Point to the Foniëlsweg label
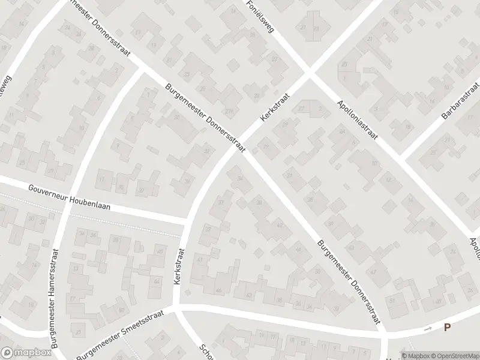259,16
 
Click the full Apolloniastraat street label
356,119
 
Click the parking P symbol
447,328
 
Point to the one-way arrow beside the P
427,329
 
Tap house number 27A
228,111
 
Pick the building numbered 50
317,272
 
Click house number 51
392,299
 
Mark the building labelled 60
121,310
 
